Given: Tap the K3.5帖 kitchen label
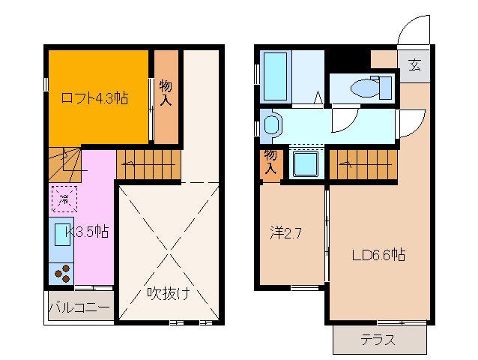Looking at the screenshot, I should tap(88, 232).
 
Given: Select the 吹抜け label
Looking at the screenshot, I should tap(167, 292).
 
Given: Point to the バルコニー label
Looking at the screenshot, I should tap(79, 307).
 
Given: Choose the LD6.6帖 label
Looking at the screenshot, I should tap(379, 255).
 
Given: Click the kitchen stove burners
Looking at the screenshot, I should tap(63, 274).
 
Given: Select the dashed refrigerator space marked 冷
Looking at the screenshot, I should tap(64, 198).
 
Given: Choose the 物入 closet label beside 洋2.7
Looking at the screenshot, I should tap(270, 163).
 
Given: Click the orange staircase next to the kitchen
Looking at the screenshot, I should tap(149, 161).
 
